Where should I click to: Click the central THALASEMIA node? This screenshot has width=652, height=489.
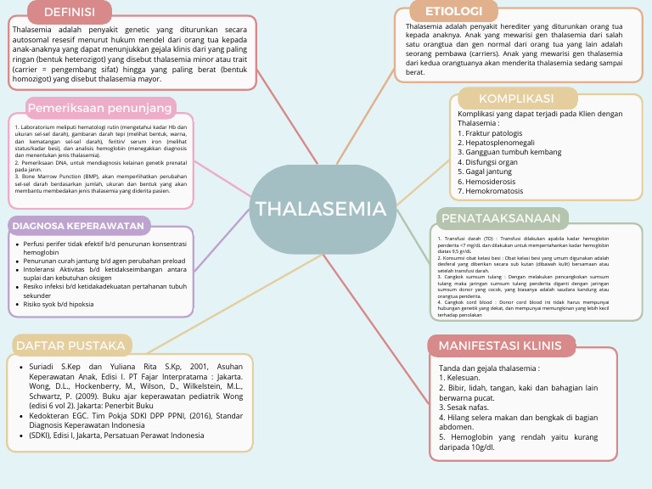(321, 209)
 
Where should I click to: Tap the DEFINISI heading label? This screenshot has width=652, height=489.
(69, 12)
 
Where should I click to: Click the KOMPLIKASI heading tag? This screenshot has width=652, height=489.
(516, 98)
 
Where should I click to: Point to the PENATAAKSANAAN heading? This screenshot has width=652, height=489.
(501, 218)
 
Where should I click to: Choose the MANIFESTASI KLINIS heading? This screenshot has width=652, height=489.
(500, 346)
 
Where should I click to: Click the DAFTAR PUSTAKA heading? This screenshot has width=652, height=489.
(71, 345)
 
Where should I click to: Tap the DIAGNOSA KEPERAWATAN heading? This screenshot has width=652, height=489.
(78, 226)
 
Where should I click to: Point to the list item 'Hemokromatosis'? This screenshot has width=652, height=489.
(492, 191)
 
